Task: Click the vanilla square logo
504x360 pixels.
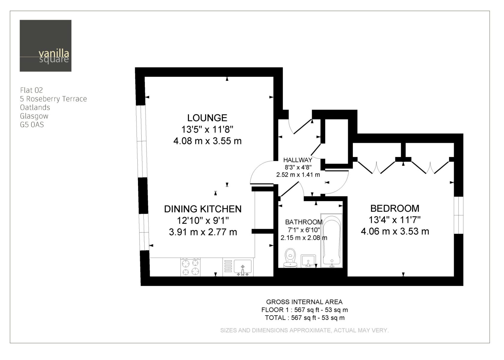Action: pos(46,46)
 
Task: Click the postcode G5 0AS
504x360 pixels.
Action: pos(32,125)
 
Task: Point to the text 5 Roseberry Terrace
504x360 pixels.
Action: pos(54,99)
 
